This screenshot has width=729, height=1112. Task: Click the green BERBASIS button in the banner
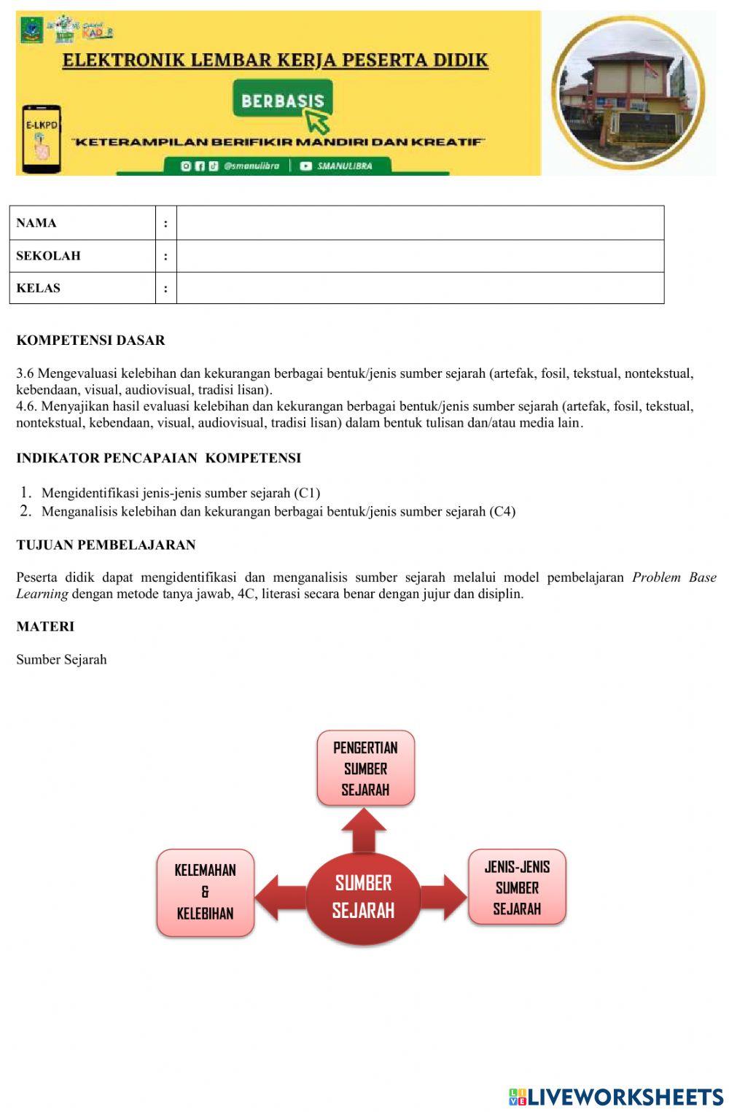(x=282, y=100)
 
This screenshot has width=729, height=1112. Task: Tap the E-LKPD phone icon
(x=41, y=139)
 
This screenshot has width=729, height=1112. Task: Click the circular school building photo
(x=628, y=93)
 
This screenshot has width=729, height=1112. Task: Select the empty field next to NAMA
(x=420, y=223)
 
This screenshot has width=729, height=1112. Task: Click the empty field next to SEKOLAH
(x=420, y=256)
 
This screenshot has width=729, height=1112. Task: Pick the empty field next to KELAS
(x=420, y=288)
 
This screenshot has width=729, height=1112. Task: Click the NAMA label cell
(x=82, y=223)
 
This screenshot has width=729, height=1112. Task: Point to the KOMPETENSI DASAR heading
(x=90, y=341)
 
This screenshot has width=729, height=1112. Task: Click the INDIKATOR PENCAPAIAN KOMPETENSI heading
(x=158, y=459)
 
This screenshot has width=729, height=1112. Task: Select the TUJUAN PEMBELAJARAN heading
(x=106, y=545)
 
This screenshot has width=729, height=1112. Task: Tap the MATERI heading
(x=45, y=626)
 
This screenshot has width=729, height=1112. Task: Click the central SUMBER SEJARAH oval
(x=363, y=897)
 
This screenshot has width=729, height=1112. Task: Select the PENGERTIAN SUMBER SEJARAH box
(x=365, y=769)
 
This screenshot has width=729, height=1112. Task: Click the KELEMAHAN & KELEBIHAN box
(x=205, y=892)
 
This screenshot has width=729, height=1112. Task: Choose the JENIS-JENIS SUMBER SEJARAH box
(x=517, y=887)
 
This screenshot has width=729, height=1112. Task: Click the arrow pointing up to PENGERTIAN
(x=364, y=831)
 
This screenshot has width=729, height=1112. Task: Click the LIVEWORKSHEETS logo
(x=616, y=1097)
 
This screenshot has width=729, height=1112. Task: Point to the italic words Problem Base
(x=674, y=578)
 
